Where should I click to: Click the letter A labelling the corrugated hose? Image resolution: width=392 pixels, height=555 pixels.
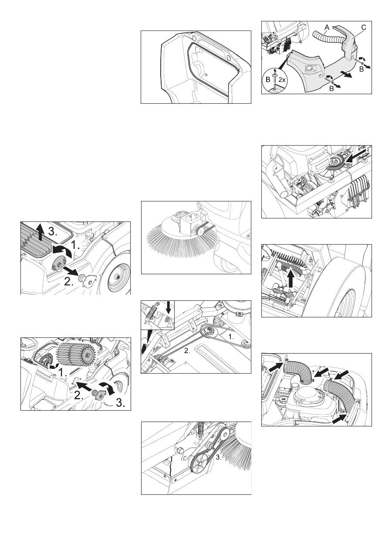(x=327, y=28)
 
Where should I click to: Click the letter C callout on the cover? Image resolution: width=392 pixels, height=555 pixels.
(x=364, y=27)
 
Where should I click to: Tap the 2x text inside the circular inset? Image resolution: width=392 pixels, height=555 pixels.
(x=282, y=80)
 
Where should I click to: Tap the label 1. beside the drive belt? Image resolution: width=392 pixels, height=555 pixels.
(x=231, y=337)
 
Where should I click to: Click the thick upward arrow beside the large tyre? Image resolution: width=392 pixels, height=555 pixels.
(x=292, y=278)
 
